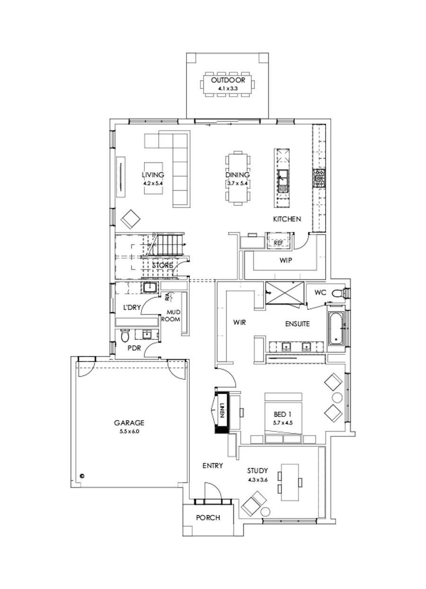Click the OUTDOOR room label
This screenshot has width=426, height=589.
[x=228, y=80]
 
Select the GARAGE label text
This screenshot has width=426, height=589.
[x=129, y=423]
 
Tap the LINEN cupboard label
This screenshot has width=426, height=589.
[x=221, y=412]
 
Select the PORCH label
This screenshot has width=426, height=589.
[x=208, y=518]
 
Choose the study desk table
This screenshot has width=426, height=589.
[x=289, y=481]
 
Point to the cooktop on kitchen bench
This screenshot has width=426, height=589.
[x=318, y=179]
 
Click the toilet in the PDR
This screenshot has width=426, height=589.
[x=125, y=336]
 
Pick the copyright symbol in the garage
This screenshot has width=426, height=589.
[x=81, y=475]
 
